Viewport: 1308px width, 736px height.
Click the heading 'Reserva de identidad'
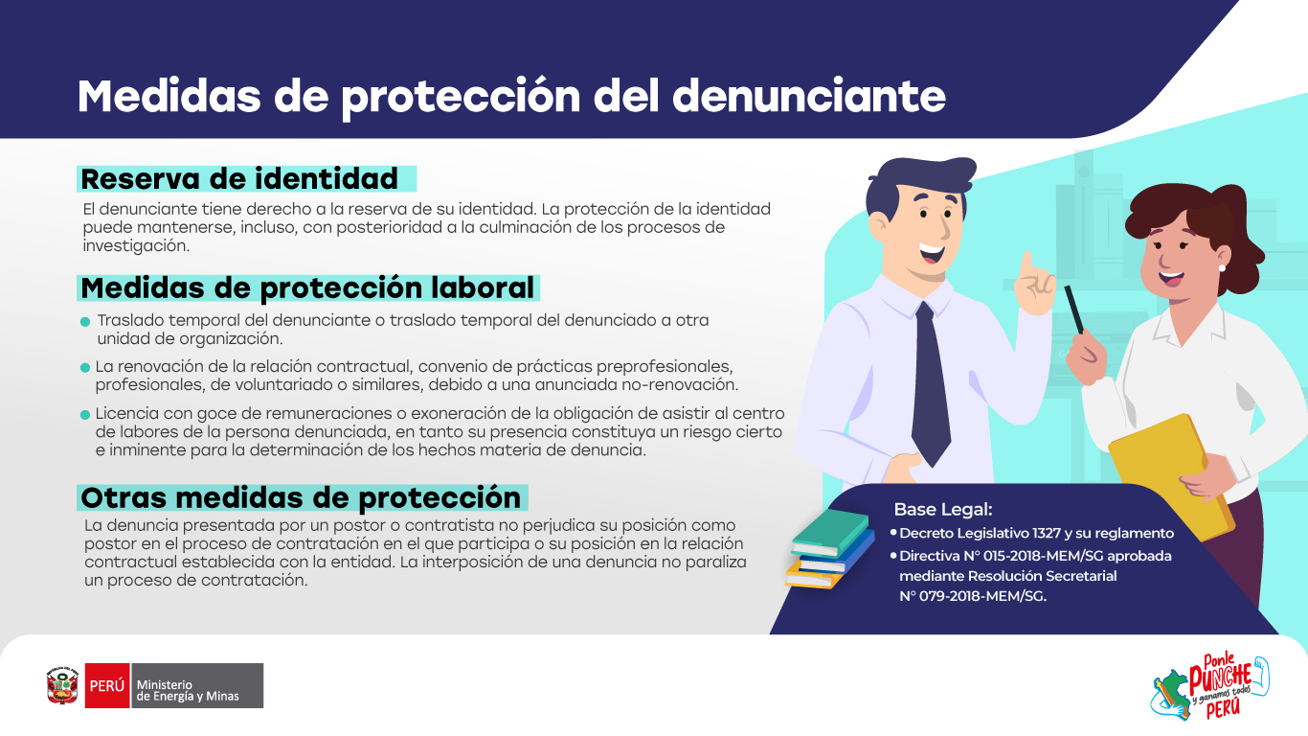[x=239, y=179]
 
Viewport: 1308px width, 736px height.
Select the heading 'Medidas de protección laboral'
[x=307, y=288]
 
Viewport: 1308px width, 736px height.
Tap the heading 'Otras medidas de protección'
[x=300, y=498]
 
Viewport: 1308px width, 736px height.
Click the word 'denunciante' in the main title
[x=809, y=96]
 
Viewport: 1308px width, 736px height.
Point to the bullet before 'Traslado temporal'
[x=85, y=322]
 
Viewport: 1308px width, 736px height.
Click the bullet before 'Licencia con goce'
[x=85, y=414]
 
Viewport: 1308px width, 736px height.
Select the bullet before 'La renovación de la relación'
[x=85, y=368]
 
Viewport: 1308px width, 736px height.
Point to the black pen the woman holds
[x=1073, y=310]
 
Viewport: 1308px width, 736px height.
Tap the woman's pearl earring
[x=1222, y=267]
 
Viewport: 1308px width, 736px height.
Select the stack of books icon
[x=830, y=548]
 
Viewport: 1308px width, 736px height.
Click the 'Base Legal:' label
[x=943, y=509]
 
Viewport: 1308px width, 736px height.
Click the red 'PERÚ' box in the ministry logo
[x=107, y=685]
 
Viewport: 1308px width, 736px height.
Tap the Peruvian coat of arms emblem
[x=62, y=685]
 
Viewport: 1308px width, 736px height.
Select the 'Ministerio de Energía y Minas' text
[x=188, y=690]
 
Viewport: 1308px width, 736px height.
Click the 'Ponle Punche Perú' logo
[x=1210, y=686]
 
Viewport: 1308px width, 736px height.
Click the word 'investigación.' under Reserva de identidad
[x=136, y=246]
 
